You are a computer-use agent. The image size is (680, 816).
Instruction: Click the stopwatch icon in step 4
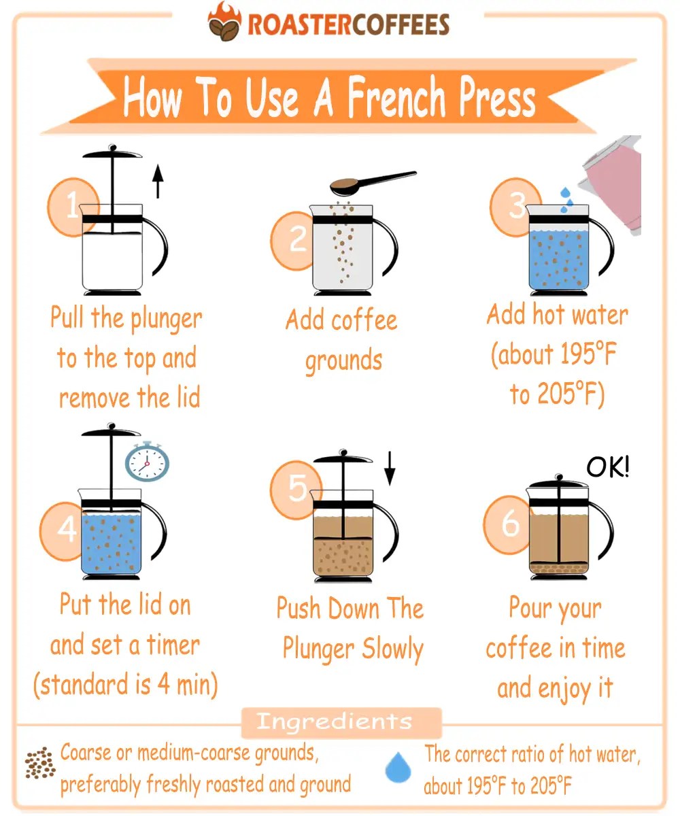point(147,462)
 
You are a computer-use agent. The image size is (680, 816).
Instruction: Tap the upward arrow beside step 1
point(158,180)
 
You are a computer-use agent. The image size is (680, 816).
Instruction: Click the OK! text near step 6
point(607,468)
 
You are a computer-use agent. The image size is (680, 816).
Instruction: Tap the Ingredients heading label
point(334,721)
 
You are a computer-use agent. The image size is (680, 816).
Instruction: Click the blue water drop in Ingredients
point(398,768)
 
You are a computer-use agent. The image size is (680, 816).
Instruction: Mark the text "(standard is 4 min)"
point(126,685)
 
